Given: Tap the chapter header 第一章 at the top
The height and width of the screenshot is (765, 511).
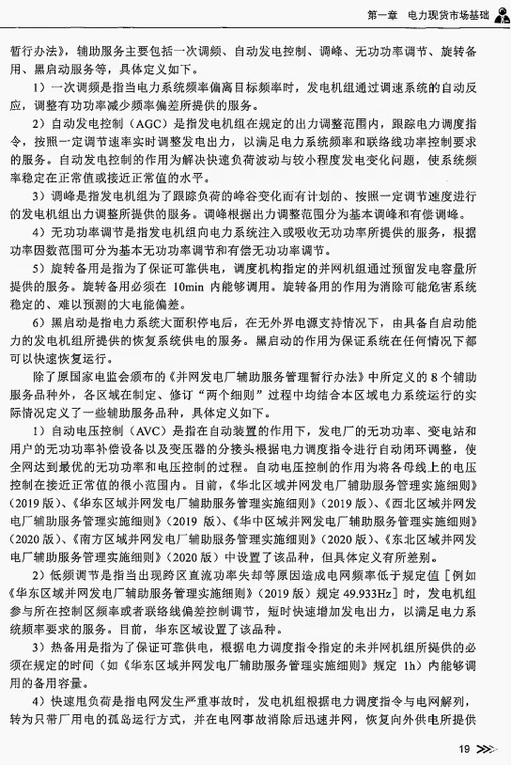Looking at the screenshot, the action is (x=382, y=15).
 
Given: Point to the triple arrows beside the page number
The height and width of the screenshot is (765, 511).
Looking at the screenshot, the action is (x=485, y=750).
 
